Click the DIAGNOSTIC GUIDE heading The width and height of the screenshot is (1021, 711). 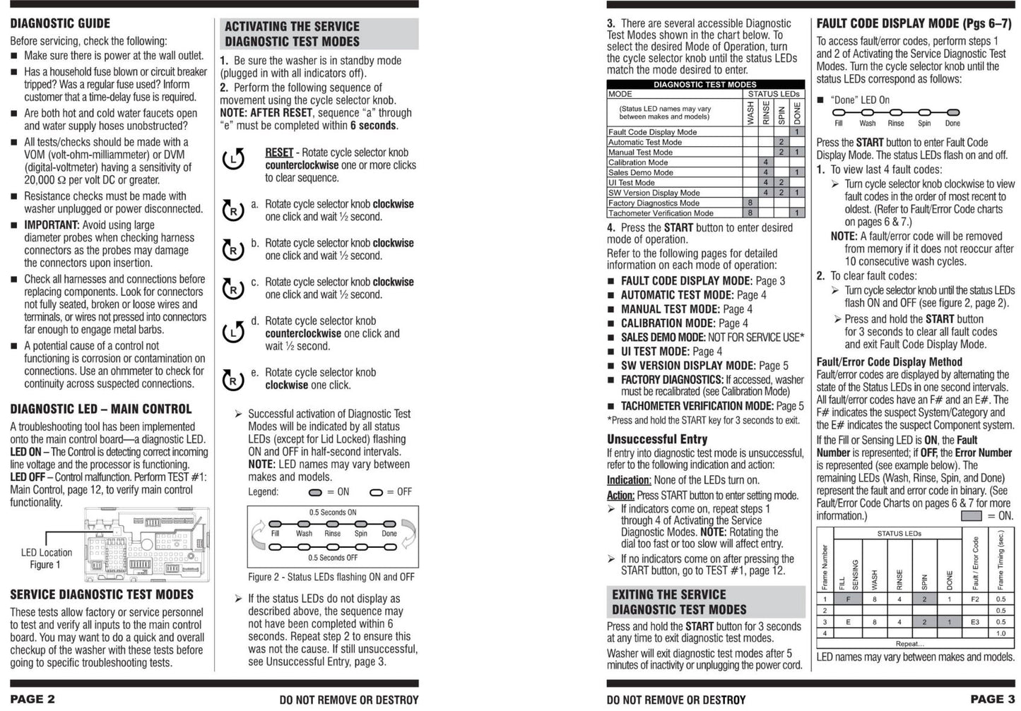[60, 23]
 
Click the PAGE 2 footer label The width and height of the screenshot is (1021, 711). [33, 699]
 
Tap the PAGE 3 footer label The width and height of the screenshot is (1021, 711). [992, 699]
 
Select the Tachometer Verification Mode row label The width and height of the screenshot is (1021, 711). [661, 213]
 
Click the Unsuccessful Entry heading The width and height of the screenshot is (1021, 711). [657, 439]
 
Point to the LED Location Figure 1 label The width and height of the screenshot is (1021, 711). [46, 558]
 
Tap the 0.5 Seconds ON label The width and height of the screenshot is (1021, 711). [333, 513]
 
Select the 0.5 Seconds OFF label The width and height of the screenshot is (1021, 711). [333, 558]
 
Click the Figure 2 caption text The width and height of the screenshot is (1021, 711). [331, 577]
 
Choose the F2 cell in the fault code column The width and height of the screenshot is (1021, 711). [975, 599]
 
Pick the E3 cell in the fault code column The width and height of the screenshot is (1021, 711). [975, 622]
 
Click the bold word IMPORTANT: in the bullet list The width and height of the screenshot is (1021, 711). [52, 225]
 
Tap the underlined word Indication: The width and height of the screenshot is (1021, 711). [628, 480]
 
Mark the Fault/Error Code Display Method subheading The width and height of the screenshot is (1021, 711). [889, 362]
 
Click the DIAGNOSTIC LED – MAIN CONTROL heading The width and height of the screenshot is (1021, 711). [101, 409]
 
